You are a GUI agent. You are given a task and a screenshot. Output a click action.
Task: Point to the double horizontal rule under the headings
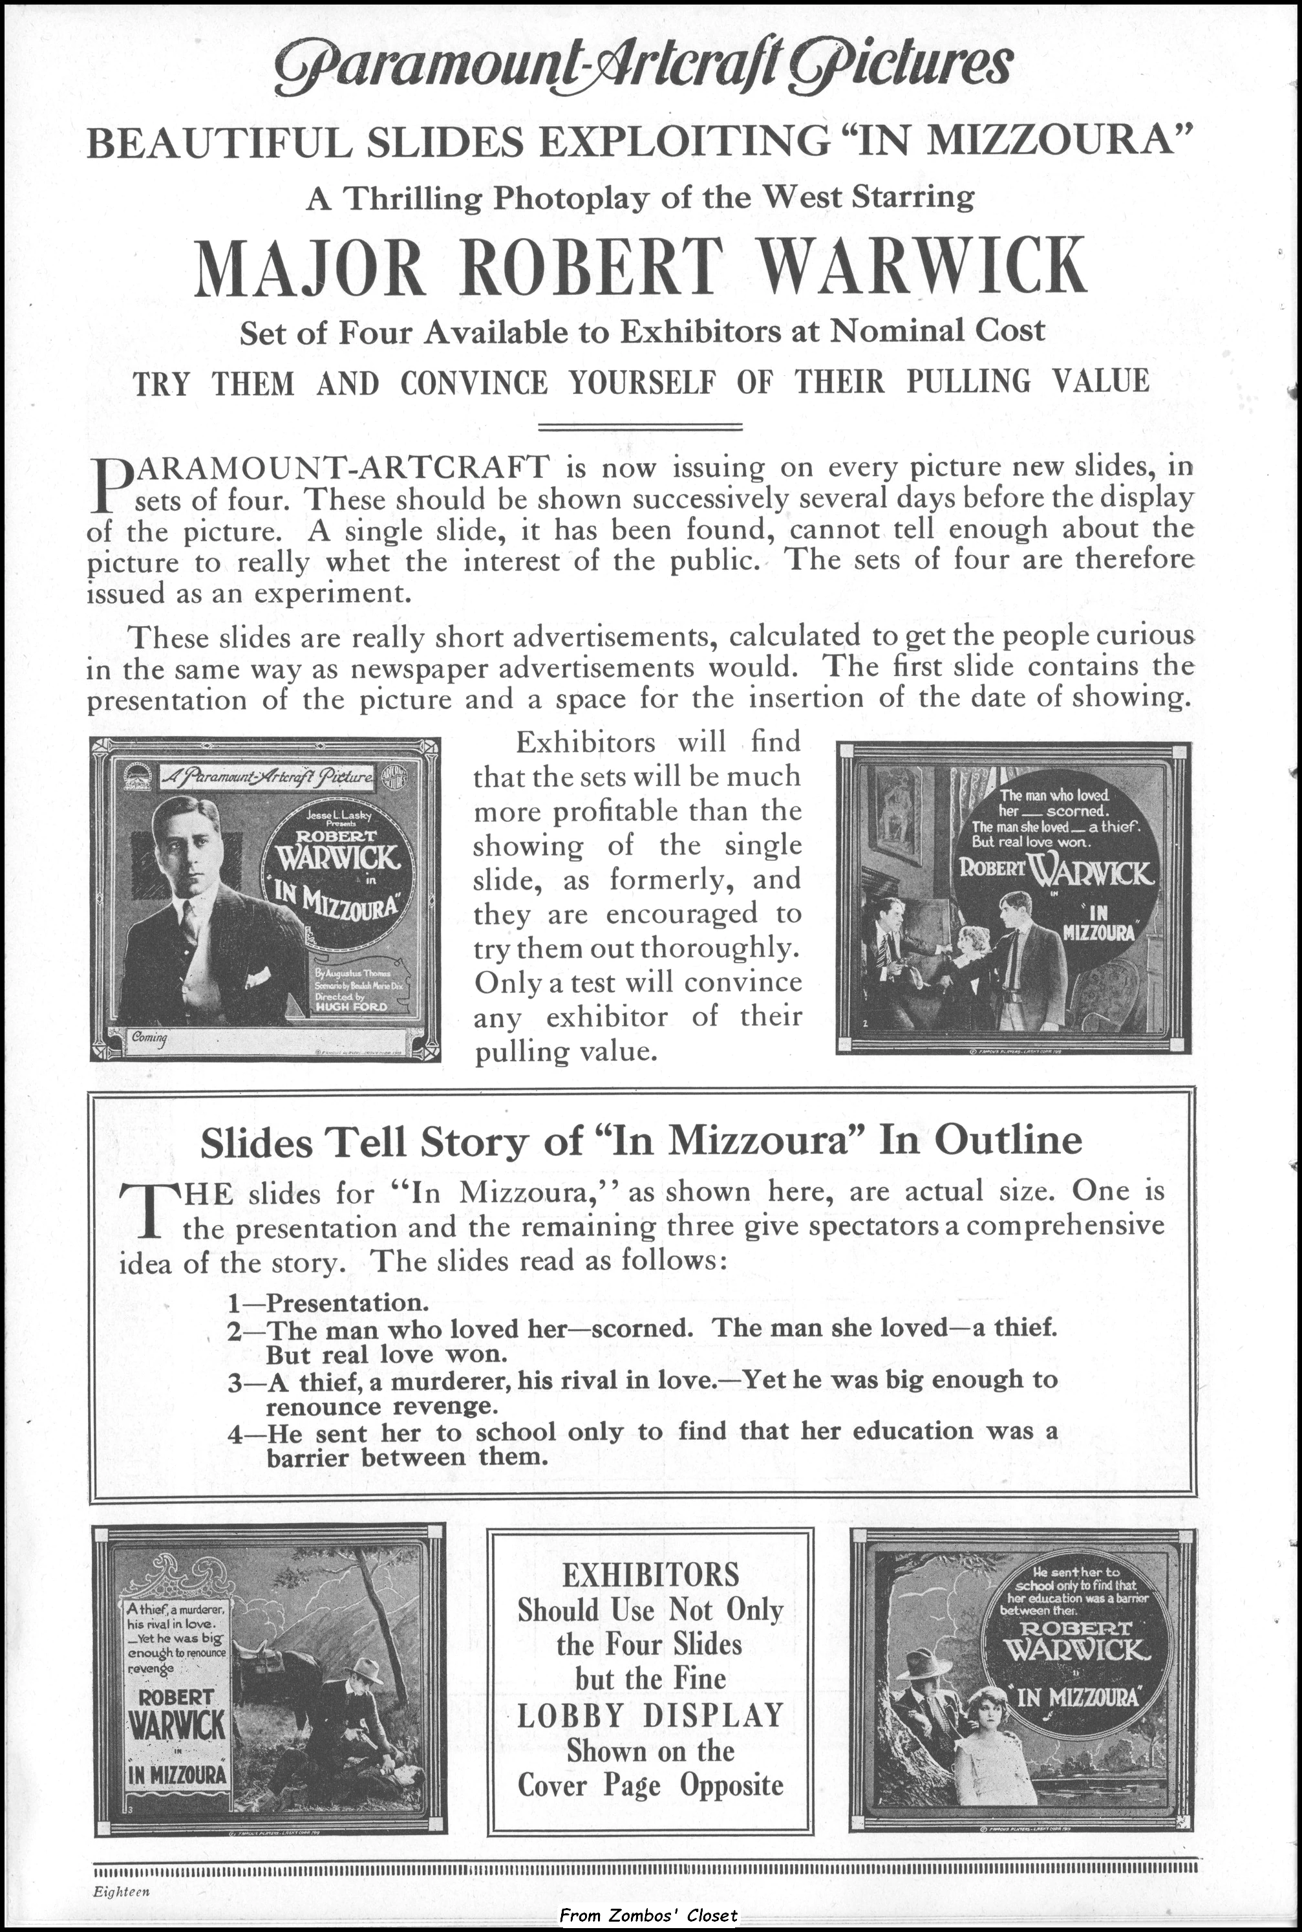[x=640, y=427]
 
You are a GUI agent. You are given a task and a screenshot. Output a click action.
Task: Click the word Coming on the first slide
[x=150, y=1037]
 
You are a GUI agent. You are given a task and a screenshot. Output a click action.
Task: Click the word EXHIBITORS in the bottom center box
[x=650, y=1574]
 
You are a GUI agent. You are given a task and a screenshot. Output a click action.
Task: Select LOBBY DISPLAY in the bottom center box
[x=650, y=1715]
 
